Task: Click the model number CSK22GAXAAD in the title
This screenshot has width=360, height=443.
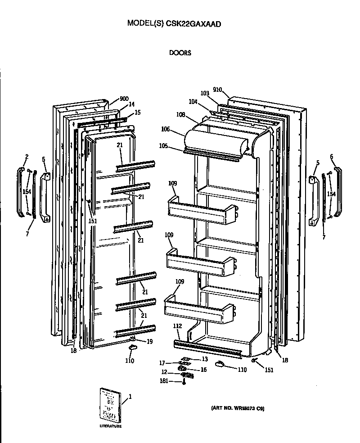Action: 195,23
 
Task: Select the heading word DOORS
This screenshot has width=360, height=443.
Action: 180,53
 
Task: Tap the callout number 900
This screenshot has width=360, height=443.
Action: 124,99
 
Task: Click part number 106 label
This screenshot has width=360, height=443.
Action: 165,130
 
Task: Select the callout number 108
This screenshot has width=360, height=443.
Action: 181,115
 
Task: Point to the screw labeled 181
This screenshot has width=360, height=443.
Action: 184,382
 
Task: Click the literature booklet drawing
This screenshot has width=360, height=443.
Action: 110,404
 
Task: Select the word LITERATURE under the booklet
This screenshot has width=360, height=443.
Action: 110,426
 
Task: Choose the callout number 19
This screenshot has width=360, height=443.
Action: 149,342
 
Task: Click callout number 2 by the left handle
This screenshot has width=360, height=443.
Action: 27,156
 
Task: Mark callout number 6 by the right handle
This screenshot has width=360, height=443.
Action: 332,156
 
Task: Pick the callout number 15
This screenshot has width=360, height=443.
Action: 138,112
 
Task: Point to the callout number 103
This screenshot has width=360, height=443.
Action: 205,94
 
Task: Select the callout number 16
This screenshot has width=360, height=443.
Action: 203,369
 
